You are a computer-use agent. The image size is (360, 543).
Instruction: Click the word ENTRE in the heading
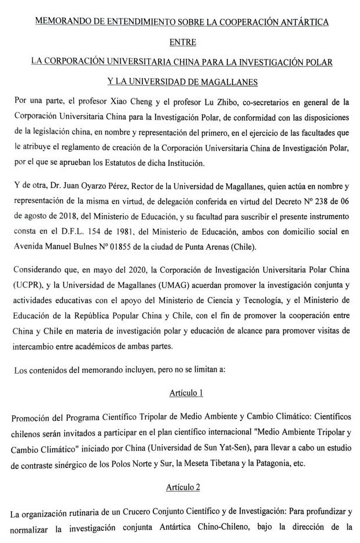[x=183, y=42]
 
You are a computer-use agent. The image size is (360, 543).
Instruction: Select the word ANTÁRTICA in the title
[x=304, y=22]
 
